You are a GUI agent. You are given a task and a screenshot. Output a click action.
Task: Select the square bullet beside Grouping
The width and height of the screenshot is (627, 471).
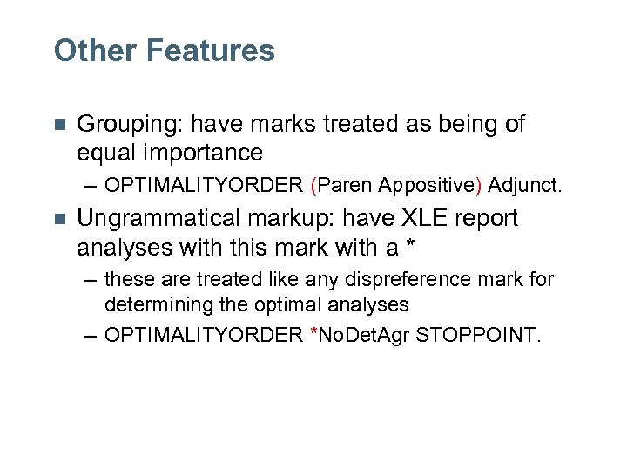(58, 126)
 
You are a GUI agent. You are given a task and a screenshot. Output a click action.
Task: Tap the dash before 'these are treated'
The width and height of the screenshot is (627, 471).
(91, 280)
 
